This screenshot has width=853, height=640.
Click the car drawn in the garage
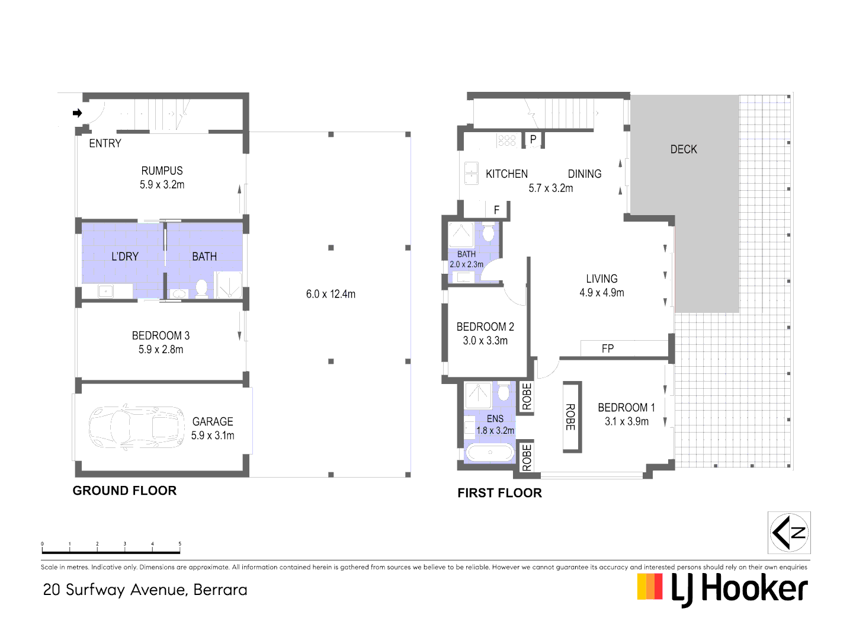[x=137, y=427]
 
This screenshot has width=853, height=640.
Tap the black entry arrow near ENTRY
[x=77, y=113]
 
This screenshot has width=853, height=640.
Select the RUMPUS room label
[x=162, y=171]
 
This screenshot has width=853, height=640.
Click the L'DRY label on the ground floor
[x=125, y=257]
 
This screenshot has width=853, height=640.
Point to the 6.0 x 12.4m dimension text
[x=331, y=294]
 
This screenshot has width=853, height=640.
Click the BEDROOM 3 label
[x=161, y=335]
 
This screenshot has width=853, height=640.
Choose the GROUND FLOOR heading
[x=124, y=491]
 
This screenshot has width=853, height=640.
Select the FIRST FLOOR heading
[x=499, y=493]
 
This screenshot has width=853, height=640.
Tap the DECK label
[x=684, y=149]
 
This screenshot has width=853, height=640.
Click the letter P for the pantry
[x=533, y=140]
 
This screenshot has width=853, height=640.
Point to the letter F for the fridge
[x=496, y=210]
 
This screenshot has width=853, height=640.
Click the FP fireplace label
[x=608, y=349]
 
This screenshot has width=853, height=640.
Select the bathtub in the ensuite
[x=490, y=453]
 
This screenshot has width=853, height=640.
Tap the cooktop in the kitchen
[x=507, y=140]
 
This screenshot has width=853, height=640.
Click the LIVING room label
[x=601, y=279]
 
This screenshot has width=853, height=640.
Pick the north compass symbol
[x=789, y=533]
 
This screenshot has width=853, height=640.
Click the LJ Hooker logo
[x=722, y=589]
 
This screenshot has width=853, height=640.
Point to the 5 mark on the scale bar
[x=179, y=544]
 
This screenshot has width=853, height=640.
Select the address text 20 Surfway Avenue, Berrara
[x=145, y=590]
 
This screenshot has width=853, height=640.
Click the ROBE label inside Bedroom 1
[x=570, y=417]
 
